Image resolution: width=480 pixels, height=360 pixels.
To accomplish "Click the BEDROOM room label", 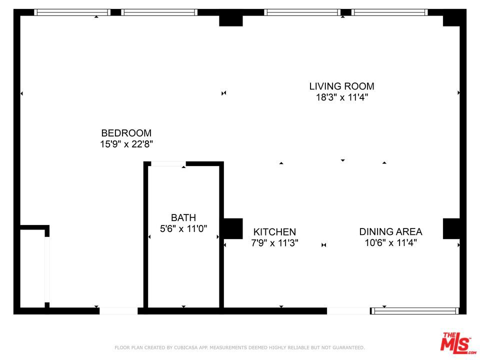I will pyautogui.click(x=126, y=133).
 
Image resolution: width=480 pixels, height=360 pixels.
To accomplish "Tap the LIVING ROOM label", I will pyautogui.click(x=341, y=86).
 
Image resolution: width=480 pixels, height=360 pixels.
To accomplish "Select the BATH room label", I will pyautogui.click(x=183, y=218).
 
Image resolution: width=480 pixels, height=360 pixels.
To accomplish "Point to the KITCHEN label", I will pyautogui.click(x=274, y=232).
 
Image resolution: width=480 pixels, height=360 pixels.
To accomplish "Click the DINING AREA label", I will pyautogui.click(x=390, y=232).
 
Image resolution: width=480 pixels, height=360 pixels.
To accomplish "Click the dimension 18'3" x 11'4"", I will pyautogui.click(x=341, y=97).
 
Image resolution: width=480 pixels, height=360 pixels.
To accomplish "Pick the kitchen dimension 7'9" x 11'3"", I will pyautogui.click(x=274, y=243).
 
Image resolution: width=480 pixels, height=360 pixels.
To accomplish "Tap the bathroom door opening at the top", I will pyautogui.click(x=168, y=163).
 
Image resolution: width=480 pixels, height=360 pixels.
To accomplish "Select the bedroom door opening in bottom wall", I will pyautogui.click(x=118, y=311).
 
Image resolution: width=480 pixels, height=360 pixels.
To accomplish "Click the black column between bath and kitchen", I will pyautogui.click(x=232, y=228).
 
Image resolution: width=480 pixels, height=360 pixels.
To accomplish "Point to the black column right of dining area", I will pyautogui.click(x=451, y=228).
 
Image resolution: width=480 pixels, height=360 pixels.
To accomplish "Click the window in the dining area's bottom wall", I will pyautogui.click(x=415, y=311).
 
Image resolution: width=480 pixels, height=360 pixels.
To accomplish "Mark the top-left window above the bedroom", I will pyautogui.click(x=72, y=12).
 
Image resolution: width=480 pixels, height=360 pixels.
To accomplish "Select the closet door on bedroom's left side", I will pyautogui.click(x=47, y=269).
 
